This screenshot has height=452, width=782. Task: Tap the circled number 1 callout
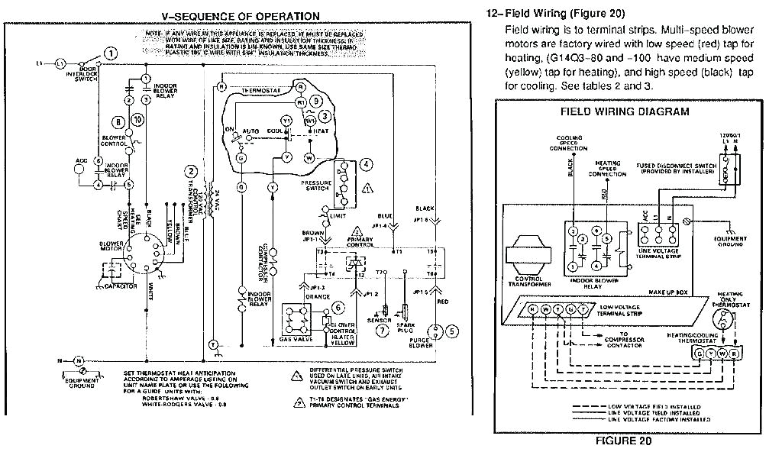pos(111,53)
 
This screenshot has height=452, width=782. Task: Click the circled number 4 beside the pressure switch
pos(367,164)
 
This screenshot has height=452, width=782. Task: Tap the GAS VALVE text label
pos(296,337)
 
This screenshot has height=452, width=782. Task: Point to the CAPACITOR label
pos(121,286)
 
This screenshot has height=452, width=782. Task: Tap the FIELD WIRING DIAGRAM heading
pos(625,111)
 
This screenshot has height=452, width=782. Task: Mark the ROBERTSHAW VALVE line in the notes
pos(180,397)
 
